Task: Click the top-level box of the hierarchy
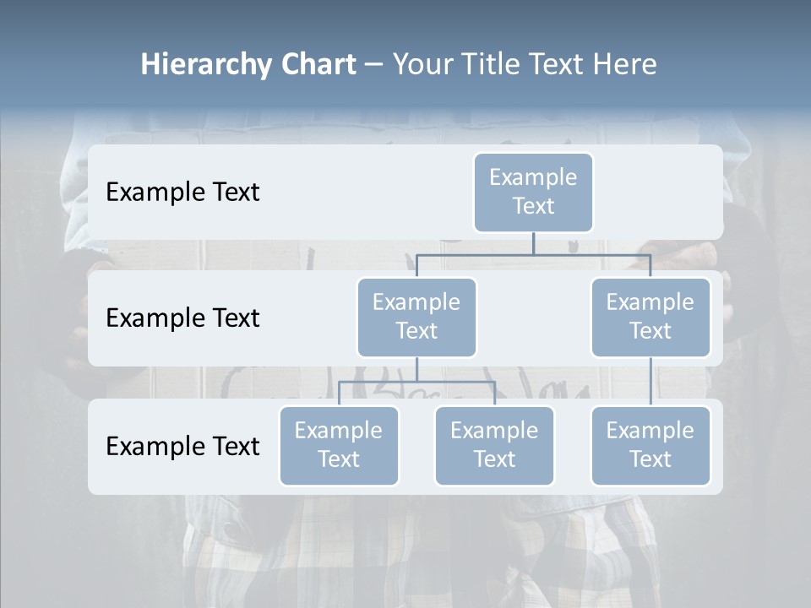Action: click(533, 193)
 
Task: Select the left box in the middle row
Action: click(416, 318)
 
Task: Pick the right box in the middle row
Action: click(650, 318)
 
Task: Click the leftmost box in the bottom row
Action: click(339, 446)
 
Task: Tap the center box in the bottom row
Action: click(494, 446)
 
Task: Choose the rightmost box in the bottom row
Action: click(650, 446)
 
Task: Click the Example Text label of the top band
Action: click(182, 193)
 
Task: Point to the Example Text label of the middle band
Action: click(182, 318)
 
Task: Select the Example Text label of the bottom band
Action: click(182, 446)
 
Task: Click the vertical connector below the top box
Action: click(533, 243)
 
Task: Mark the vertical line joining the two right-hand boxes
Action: click(650, 382)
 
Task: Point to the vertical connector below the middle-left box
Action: click(416, 370)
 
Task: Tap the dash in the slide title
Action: click(374, 64)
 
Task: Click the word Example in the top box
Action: click(533, 177)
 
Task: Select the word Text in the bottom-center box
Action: click(494, 459)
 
